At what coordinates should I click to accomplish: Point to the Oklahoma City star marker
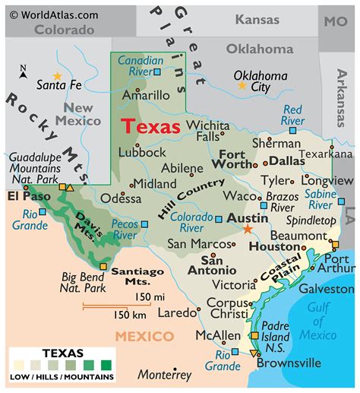point(242,86)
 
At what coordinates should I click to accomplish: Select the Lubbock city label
point(142,152)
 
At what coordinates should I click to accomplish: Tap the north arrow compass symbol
point(24,73)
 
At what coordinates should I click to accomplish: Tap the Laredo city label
point(176,312)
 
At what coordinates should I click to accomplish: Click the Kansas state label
point(257,19)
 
